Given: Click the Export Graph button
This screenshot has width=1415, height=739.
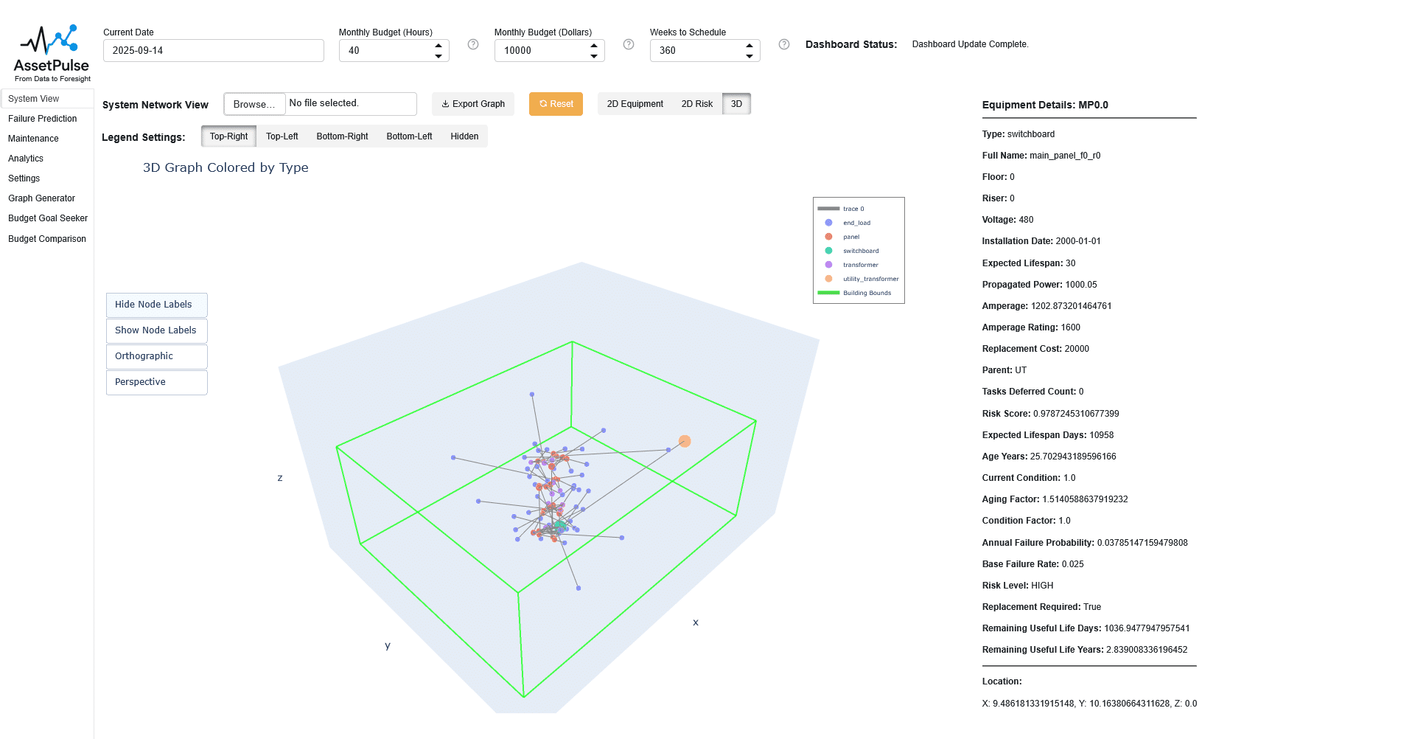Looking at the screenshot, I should [473, 104].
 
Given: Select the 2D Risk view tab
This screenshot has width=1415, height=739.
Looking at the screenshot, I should [696, 104].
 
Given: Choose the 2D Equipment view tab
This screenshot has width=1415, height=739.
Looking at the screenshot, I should [635, 104].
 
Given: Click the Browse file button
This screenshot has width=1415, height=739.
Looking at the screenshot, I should [254, 104].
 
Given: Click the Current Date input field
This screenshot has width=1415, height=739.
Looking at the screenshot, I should [213, 51].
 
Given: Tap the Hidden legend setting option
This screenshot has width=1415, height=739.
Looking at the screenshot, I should [464, 136].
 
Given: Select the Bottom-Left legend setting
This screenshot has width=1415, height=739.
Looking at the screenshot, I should [409, 136].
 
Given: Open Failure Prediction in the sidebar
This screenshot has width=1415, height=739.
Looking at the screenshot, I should [43, 119].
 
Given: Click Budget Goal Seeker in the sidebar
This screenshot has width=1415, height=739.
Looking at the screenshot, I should [48, 218].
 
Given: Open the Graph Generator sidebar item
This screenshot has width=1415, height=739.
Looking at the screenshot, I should [42, 198].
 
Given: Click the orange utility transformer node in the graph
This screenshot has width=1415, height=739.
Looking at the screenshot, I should [685, 441].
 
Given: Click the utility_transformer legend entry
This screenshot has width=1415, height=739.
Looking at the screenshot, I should [870, 279].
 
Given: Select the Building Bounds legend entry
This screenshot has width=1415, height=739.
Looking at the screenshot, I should [867, 293].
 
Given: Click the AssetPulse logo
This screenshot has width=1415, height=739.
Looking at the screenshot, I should [52, 53].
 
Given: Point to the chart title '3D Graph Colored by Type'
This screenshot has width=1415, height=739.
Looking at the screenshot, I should [226, 167].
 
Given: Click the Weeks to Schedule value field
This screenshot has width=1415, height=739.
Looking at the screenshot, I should [696, 51].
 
